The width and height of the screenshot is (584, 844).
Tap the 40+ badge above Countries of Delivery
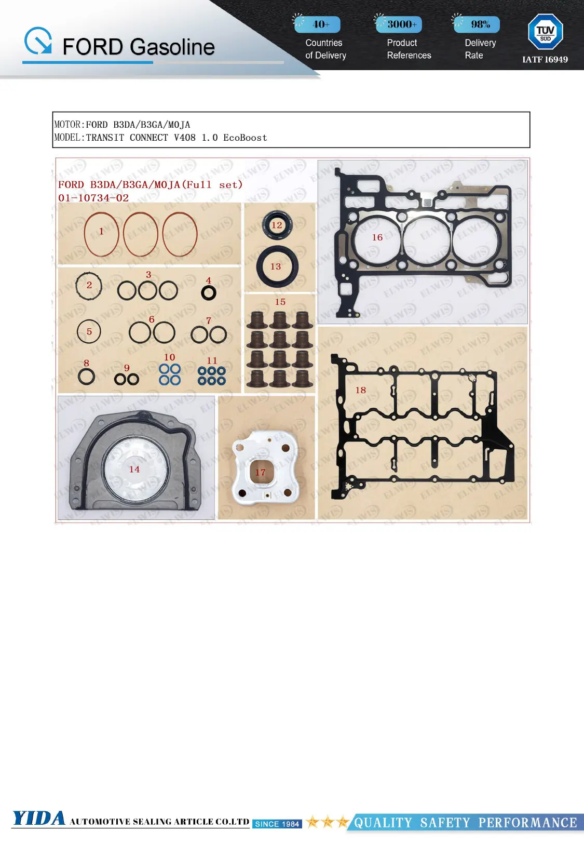tap(318, 24)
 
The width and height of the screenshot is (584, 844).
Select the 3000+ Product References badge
tap(399, 24)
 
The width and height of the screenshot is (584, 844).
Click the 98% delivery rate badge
tap(477, 24)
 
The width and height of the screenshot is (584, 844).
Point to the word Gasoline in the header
tap(173, 47)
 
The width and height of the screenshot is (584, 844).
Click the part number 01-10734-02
tap(93, 198)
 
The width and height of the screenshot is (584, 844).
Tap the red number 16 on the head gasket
tap(377, 237)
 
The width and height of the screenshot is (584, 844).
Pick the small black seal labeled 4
tap(209, 293)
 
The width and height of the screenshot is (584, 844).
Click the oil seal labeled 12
tap(277, 225)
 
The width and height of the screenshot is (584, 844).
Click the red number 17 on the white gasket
tap(260, 473)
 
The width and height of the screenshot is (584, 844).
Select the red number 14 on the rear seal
tap(134, 469)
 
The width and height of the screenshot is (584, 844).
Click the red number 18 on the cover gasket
tap(361, 390)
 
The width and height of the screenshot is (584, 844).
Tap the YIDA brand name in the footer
tap(39, 819)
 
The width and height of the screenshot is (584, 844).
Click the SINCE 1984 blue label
tap(277, 824)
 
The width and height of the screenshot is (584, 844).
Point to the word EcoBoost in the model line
tap(245, 138)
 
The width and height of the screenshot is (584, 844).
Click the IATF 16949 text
tap(545, 60)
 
